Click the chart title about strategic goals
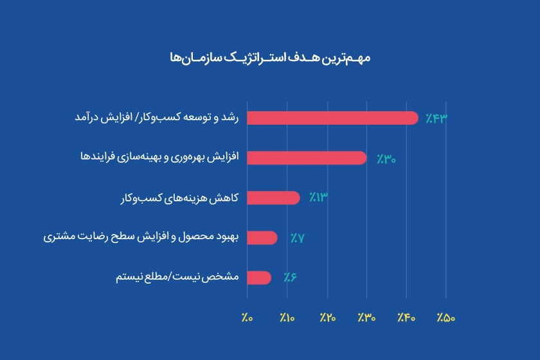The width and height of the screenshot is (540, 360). (x=269, y=58)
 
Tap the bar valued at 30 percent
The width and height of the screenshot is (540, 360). (x=307, y=158)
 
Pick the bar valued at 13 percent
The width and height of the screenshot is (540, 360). (x=273, y=198)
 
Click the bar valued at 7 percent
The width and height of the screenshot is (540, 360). (x=262, y=238)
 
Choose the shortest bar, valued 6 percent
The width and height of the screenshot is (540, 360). (x=259, y=278)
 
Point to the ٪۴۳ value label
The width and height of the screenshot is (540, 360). (x=436, y=119)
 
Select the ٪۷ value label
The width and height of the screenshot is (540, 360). (x=297, y=238)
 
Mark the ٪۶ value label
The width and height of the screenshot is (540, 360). (x=291, y=278)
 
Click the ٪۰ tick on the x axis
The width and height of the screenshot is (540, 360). (x=248, y=318)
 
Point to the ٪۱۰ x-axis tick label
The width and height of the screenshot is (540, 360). (x=287, y=318)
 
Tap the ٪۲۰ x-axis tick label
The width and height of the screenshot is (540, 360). (x=327, y=318)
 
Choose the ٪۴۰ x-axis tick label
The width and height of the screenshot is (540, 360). (x=406, y=318)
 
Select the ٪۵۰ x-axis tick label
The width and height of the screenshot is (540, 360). (x=446, y=318)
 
